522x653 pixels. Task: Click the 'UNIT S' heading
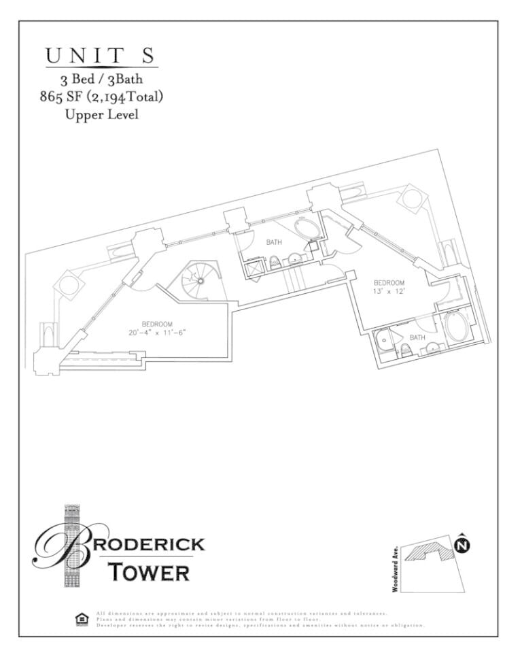[x=101, y=56]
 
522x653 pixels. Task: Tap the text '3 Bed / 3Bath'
[x=101, y=81]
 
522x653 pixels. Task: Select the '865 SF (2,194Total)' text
[x=101, y=97]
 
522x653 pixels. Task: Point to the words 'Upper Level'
[x=101, y=114]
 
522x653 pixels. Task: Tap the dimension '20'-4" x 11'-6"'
[x=156, y=333]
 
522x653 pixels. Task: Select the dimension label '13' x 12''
[x=389, y=291]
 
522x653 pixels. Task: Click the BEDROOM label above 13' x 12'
[x=389, y=282]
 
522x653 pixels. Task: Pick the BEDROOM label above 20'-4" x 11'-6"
[x=156, y=324]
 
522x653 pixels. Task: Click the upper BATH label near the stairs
[x=274, y=242]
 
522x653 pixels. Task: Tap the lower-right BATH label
[x=417, y=337]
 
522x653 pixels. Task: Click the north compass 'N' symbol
[x=462, y=545]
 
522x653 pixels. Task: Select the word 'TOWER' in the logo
[x=149, y=572]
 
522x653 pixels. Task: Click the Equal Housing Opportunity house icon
[x=81, y=619]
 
